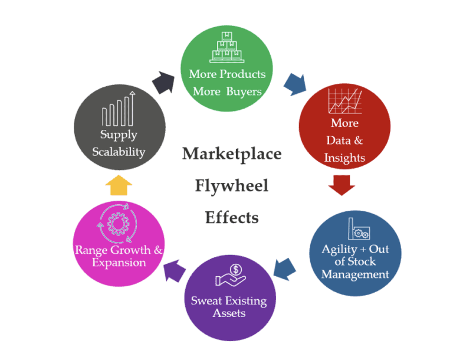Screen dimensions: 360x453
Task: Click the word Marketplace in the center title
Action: [232, 155]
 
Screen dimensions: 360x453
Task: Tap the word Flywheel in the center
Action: [232, 186]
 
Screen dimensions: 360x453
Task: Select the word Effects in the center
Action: [232, 218]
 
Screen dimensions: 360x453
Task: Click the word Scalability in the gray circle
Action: [119, 152]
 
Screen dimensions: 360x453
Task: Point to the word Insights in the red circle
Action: [345, 158]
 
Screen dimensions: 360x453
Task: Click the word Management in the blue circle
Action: [355, 274]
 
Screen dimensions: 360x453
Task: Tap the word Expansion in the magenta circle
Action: [119, 263]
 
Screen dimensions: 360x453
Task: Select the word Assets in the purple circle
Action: [229, 313]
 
